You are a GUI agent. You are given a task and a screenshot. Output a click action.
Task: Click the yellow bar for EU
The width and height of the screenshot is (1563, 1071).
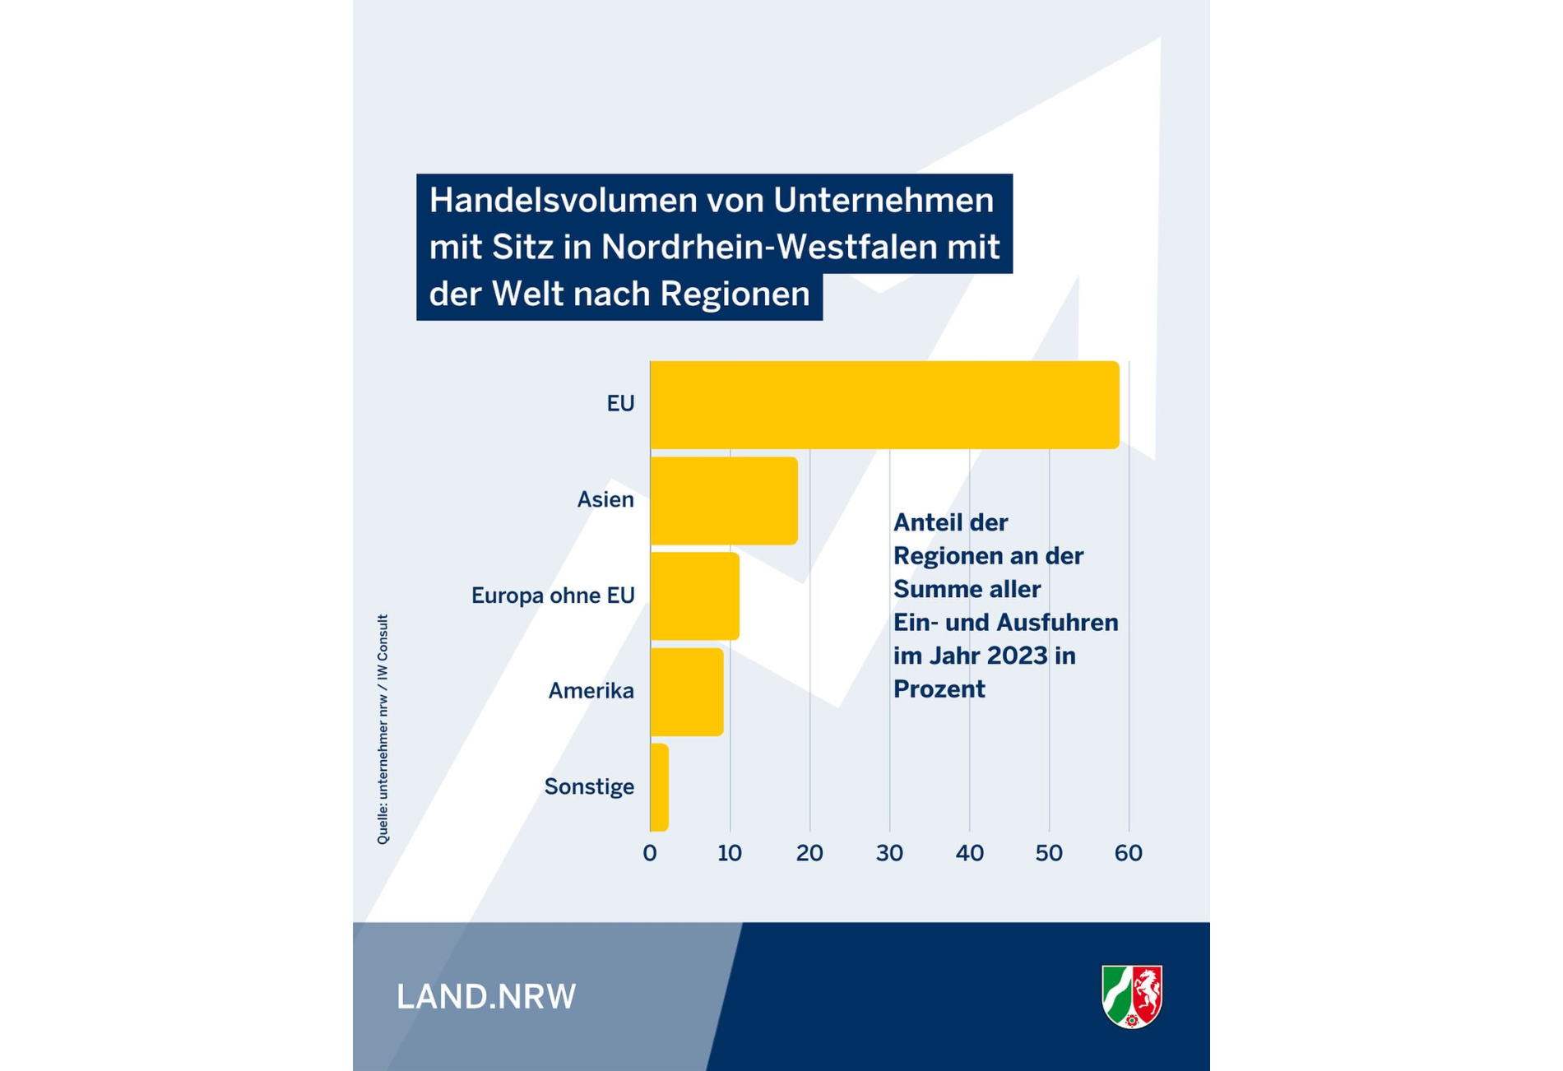(884, 405)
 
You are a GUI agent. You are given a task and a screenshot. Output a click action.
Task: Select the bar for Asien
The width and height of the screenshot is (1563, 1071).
(724, 500)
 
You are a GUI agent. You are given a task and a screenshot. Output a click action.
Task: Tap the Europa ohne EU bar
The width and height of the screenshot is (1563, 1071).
(694, 596)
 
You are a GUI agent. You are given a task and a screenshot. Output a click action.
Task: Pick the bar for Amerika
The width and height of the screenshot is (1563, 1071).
(687, 692)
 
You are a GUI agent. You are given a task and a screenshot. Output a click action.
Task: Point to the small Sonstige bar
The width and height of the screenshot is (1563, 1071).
(659, 787)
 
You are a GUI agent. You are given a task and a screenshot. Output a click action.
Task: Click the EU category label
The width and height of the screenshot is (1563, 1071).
(620, 404)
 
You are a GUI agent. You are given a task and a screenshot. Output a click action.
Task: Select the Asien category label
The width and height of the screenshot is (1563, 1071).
(605, 499)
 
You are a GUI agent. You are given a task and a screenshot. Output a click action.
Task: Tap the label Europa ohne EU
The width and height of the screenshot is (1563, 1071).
(553, 596)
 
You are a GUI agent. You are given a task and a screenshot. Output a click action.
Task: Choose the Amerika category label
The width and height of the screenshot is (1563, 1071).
(591, 691)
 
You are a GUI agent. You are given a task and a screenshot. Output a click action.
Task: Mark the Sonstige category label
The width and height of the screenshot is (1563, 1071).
(589, 787)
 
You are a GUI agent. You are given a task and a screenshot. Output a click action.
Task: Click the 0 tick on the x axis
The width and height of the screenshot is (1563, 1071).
(650, 853)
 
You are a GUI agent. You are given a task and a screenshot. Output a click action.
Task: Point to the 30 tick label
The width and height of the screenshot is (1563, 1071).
(889, 853)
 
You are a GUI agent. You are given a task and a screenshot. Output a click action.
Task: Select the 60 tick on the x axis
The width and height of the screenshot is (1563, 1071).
(1129, 853)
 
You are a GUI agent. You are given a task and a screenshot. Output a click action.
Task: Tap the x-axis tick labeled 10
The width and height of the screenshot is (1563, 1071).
(730, 853)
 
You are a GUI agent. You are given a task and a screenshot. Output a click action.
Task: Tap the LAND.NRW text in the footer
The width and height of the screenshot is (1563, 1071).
(486, 997)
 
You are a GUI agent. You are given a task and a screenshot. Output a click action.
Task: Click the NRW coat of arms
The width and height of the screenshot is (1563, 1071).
(1132, 996)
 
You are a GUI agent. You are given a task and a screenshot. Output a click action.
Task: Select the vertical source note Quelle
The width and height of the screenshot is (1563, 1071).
(383, 729)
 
